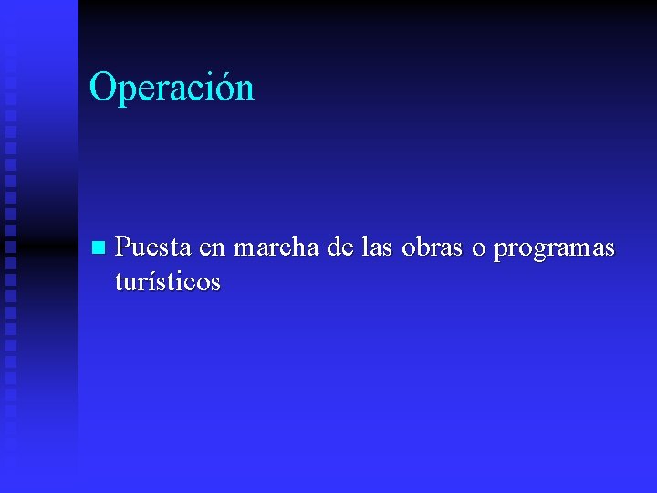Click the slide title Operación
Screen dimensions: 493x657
pos(172,89)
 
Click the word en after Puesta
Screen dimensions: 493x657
pos(211,249)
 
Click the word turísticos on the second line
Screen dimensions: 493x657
pos(168,282)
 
